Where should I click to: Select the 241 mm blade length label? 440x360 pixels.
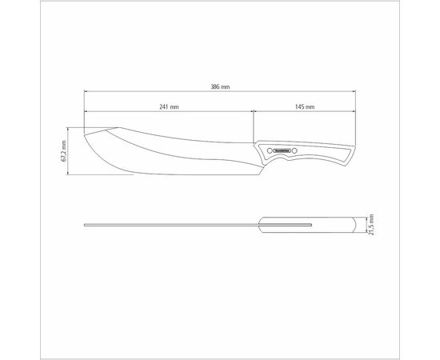168,106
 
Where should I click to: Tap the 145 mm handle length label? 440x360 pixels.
304,106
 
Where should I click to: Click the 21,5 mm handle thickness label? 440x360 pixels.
373,223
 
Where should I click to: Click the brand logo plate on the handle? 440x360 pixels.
285,150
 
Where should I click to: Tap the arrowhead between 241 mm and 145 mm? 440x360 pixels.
254,113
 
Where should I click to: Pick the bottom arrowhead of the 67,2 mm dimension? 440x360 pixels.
70,174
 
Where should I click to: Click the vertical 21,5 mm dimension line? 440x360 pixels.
366,224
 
